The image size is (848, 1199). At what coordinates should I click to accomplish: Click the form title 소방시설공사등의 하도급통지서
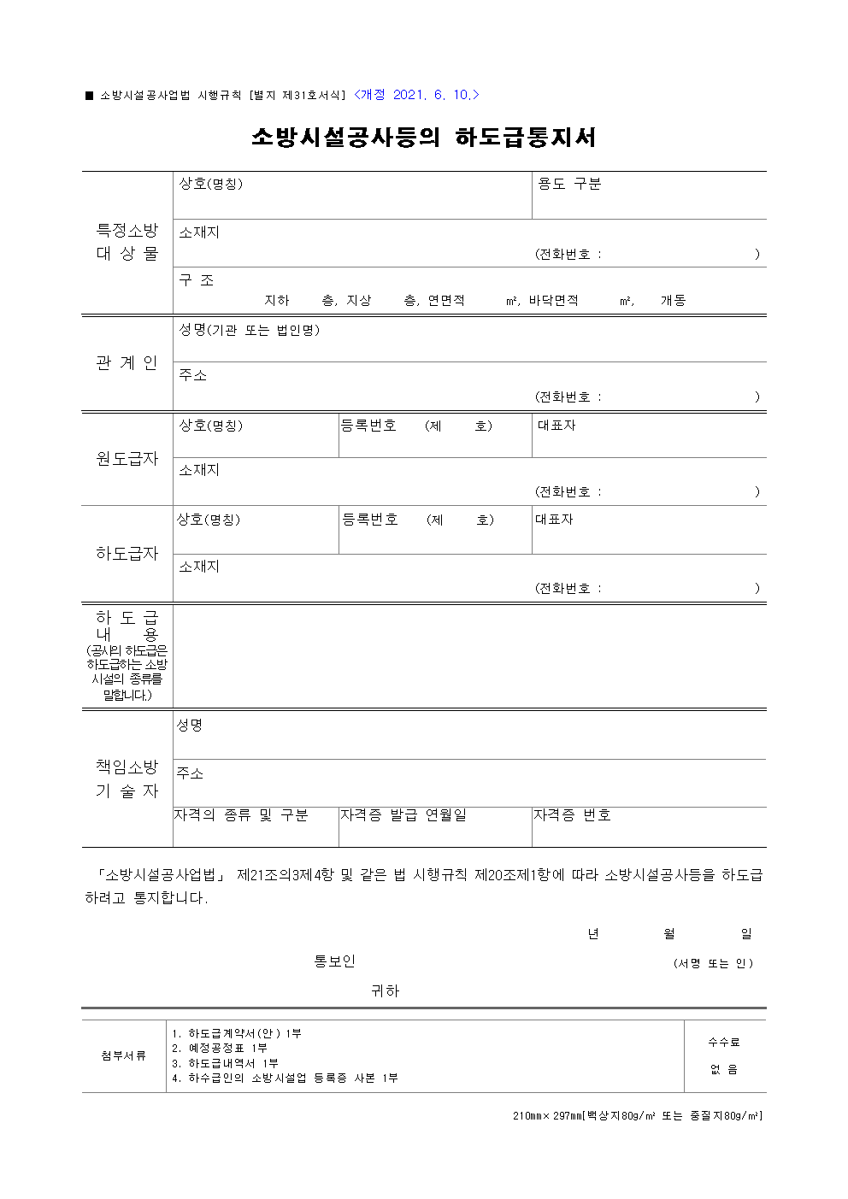pyautogui.click(x=423, y=138)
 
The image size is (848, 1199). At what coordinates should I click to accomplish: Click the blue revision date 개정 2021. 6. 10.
pyautogui.click(x=416, y=95)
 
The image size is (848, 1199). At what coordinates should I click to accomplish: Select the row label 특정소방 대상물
pyautogui.click(x=127, y=242)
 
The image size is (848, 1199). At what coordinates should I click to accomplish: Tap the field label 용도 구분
pyautogui.click(x=569, y=184)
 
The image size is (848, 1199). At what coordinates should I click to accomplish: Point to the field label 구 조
pyautogui.click(x=197, y=280)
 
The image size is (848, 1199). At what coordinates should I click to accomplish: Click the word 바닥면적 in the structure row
pyautogui.click(x=553, y=301)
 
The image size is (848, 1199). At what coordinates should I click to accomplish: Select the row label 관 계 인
pyautogui.click(x=127, y=363)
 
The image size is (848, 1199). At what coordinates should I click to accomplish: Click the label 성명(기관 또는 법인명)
pyautogui.click(x=249, y=330)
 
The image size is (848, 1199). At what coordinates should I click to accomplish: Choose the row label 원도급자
pyautogui.click(x=127, y=459)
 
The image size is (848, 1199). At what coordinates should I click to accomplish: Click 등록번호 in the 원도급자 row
pyautogui.click(x=368, y=426)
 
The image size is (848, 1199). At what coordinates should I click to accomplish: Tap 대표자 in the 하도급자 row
pyautogui.click(x=554, y=520)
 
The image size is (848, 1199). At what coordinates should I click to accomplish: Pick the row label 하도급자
pyautogui.click(x=127, y=554)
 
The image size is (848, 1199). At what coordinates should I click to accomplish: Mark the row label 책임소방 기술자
pyautogui.click(x=127, y=779)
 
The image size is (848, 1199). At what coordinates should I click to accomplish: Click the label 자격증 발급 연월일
pyautogui.click(x=403, y=815)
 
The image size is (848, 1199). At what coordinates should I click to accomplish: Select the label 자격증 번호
pyautogui.click(x=572, y=815)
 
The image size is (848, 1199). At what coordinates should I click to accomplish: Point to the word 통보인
pyautogui.click(x=334, y=961)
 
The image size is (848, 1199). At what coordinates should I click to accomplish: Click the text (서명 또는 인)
pyautogui.click(x=713, y=963)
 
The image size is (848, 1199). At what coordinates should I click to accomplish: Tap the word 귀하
pyautogui.click(x=385, y=991)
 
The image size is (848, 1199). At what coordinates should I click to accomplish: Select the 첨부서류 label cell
pyautogui.click(x=124, y=1055)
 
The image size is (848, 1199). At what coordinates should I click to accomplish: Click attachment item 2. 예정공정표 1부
pyautogui.click(x=220, y=1048)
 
